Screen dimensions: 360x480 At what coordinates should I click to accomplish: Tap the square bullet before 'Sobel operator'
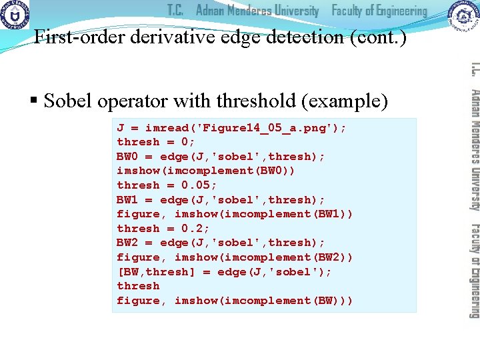tap(34, 101)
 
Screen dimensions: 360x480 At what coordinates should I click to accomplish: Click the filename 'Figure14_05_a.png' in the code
tap(269, 127)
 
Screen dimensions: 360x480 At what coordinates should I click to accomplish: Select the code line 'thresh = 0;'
tap(156, 142)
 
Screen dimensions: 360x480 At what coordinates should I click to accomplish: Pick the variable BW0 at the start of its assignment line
tap(128, 156)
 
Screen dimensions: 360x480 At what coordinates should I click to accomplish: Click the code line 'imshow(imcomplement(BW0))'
tap(206, 171)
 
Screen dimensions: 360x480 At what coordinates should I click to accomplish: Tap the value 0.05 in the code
tap(199, 185)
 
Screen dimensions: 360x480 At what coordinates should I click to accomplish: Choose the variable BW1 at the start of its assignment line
tap(128, 199)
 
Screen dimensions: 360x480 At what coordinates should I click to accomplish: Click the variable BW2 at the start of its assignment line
tap(128, 243)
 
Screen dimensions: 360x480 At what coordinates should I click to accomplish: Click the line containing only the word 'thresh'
tap(138, 286)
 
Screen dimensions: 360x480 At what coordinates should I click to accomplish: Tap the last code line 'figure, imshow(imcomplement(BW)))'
tap(235, 301)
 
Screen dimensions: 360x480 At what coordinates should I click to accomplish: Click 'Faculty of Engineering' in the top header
tap(379, 11)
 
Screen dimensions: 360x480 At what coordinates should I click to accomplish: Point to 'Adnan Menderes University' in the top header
tap(257, 11)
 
